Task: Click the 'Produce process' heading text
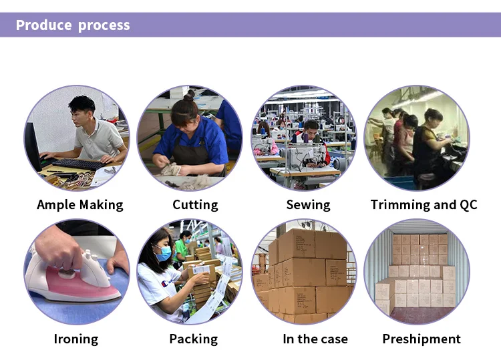pos(73,25)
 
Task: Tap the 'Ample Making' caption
pos(80,205)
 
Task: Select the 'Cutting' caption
pos(195,205)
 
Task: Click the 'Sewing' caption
pos(308,205)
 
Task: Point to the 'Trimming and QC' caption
pos(424,205)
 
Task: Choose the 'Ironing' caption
pos(75,339)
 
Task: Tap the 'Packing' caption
pos(193,339)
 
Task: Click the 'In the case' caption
pos(315,339)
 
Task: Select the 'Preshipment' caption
pos(421,339)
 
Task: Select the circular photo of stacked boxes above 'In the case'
pos(304,271)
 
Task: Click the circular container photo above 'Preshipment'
pos(417,271)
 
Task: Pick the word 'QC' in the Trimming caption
pos(468,205)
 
